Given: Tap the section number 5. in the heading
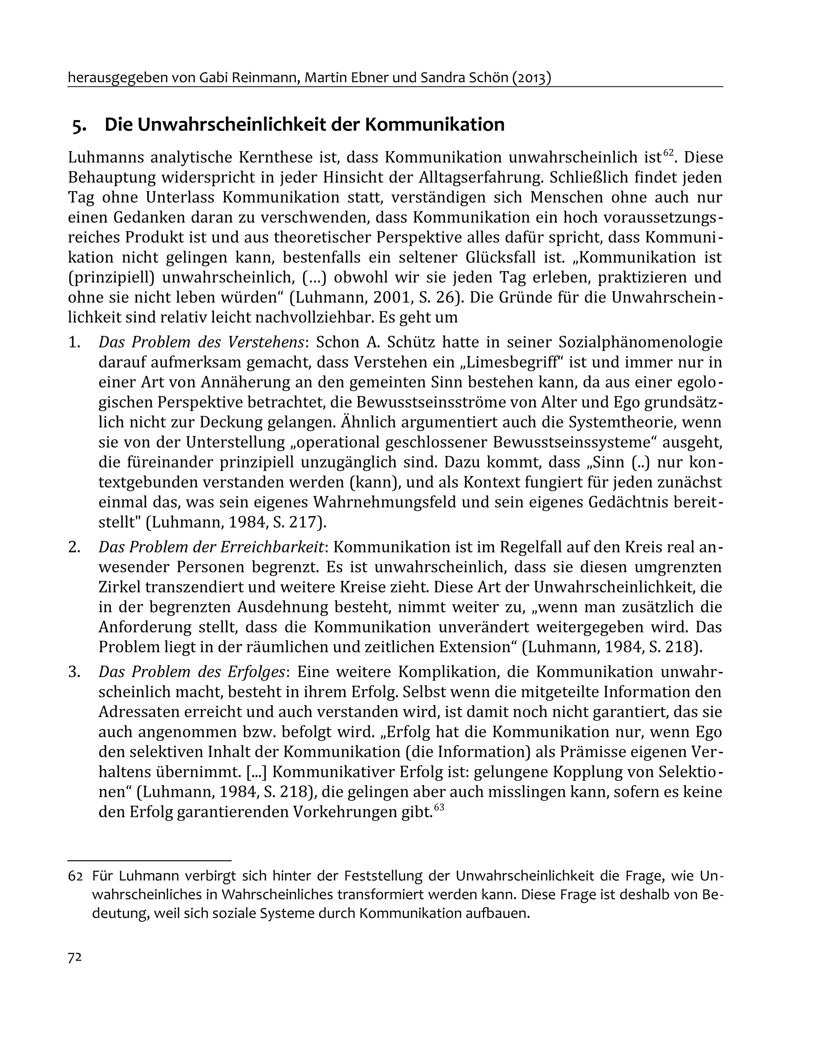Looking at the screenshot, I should [x=80, y=125].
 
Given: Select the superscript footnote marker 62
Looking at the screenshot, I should [x=668, y=152].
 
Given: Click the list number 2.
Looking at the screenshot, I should [x=74, y=547].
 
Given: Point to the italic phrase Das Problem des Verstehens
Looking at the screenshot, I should [x=201, y=343].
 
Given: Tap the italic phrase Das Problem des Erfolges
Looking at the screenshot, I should [x=191, y=672].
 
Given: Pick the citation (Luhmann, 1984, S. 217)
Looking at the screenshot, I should [x=236, y=522].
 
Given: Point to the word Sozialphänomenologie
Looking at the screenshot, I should [x=640, y=343].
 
